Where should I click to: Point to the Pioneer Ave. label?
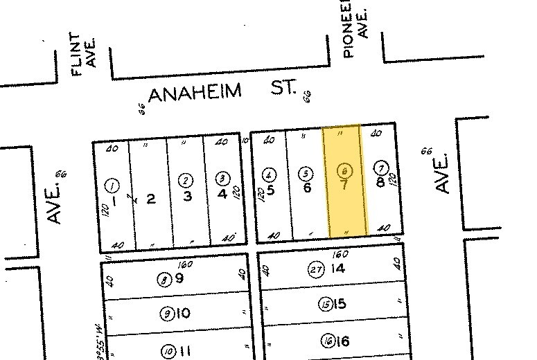pos(354,28)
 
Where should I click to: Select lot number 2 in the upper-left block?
pos(150,199)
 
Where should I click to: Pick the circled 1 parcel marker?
pos(112,185)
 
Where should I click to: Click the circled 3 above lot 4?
pos(222,177)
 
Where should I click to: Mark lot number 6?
pos(307,188)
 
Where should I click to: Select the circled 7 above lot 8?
pos(380,168)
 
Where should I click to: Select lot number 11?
pos(184,351)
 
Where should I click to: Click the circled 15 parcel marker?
pos(324,304)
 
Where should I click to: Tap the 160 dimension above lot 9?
pos(184,265)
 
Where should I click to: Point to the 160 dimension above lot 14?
pos(340,254)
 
